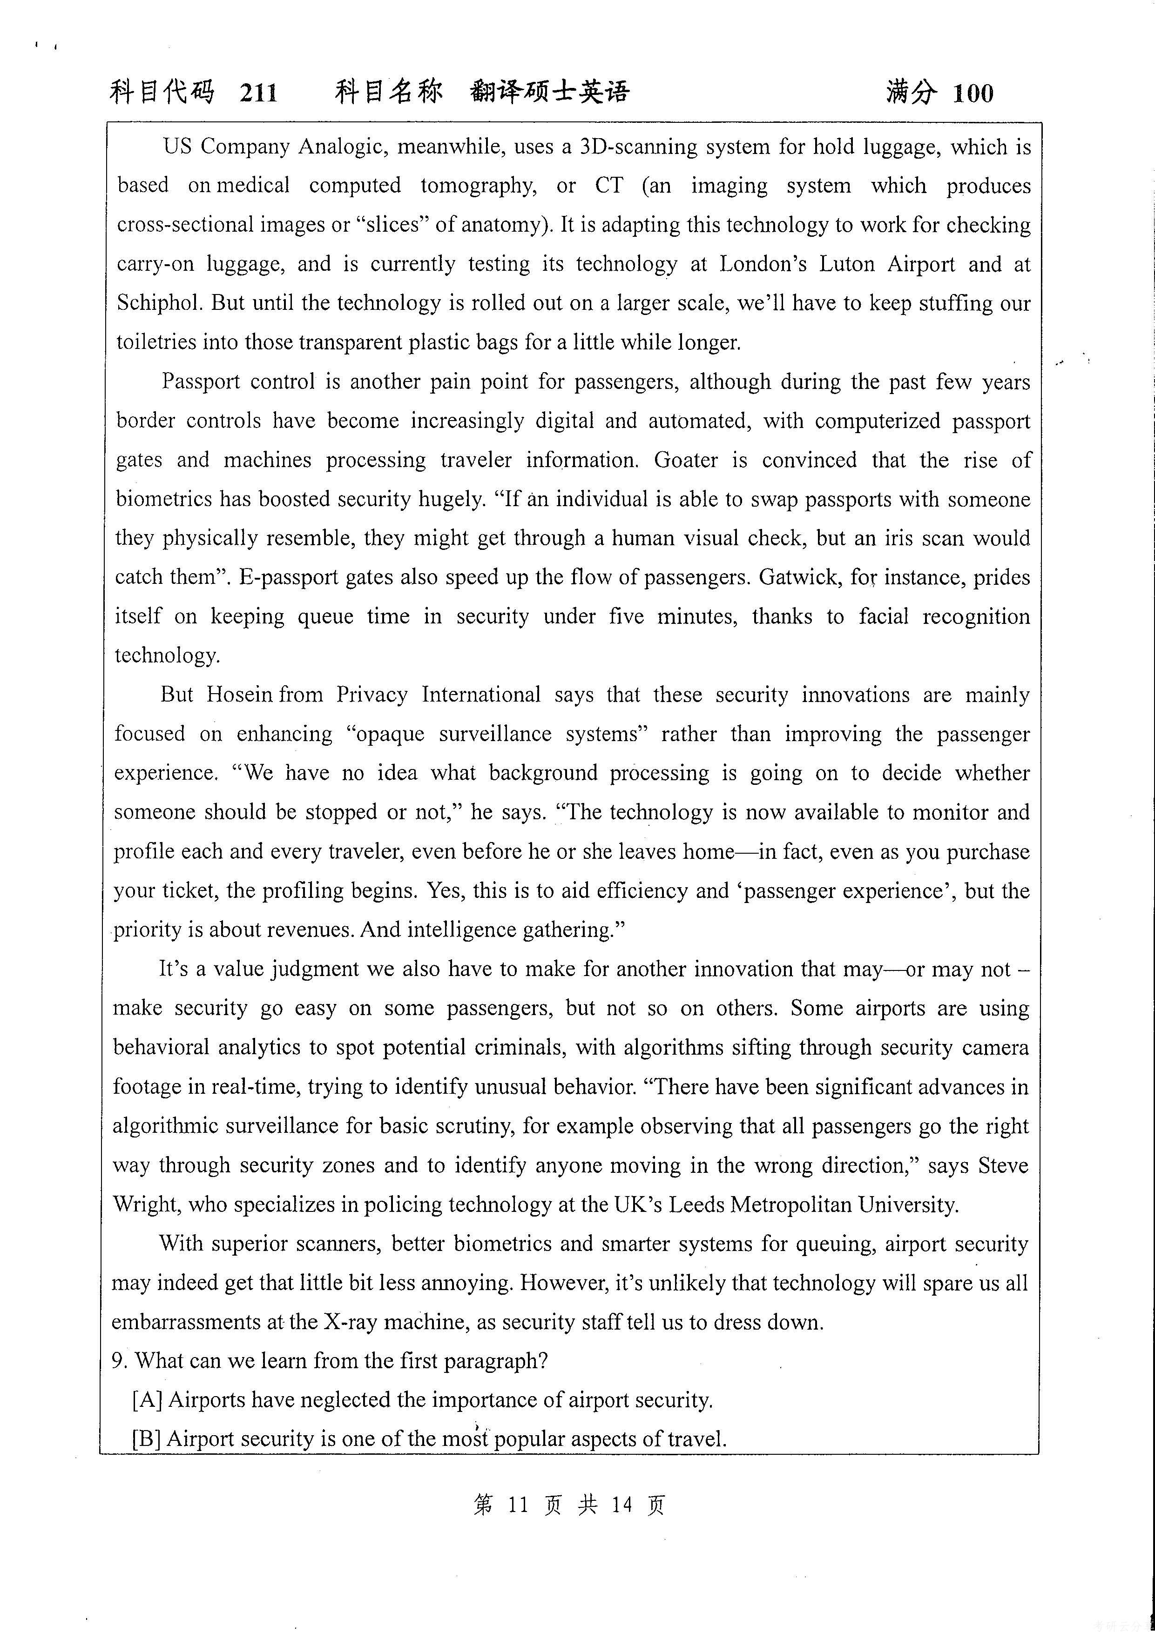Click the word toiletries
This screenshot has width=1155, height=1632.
coord(156,342)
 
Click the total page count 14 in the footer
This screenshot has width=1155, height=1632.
coord(621,1505)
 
